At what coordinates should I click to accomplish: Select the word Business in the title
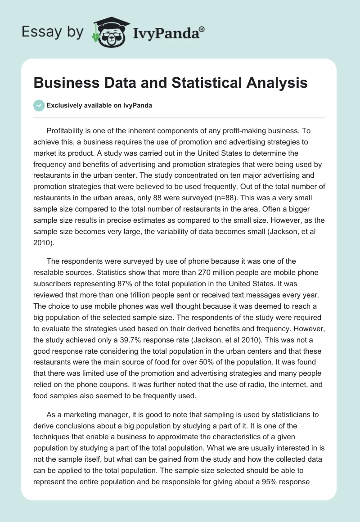(x=66, y=83)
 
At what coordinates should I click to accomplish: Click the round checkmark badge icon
(x=39, y=105)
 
